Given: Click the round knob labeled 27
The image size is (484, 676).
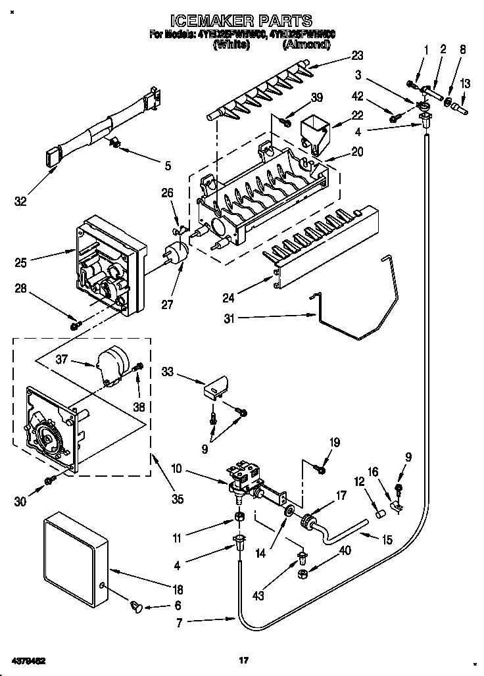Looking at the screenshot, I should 175,253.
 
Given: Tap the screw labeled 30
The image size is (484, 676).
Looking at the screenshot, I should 50,483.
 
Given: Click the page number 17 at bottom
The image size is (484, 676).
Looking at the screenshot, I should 243,660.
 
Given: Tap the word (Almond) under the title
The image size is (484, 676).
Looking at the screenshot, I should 306,45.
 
